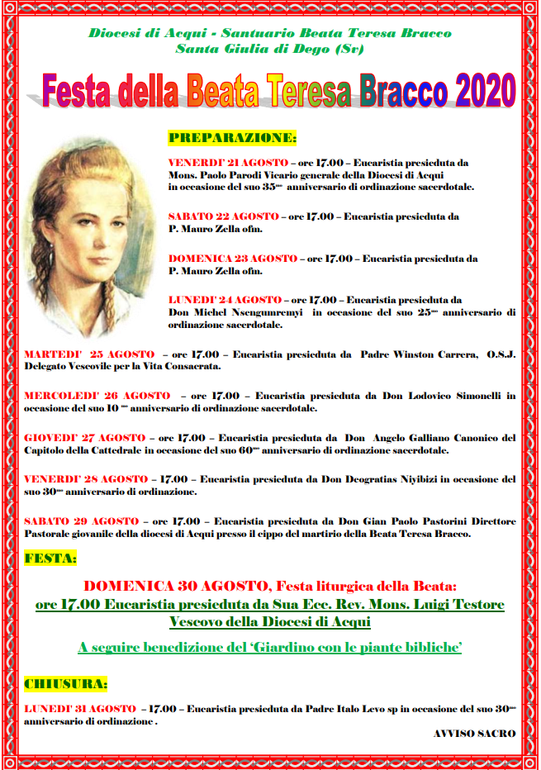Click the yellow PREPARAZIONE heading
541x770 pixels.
pyautogui.click(x=232, y=137)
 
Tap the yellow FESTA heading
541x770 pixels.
pyautogui.click(x=50, y=558)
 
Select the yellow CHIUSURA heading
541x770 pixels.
pyautogui.click(x=66, y=685)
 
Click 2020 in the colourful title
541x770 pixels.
pyautogui.click(x=474, y=89)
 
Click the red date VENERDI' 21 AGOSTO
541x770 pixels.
pyautogui.click(x=228, y=163)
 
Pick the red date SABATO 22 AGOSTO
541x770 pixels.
pyautogui.click(x=223, y=216)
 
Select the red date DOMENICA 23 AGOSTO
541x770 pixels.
pyautogui.click(x=232, y=259)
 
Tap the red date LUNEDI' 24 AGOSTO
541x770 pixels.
pyautogui.click(x=225, y=300)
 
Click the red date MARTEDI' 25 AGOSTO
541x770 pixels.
pyautogui.click(x=88, y=354)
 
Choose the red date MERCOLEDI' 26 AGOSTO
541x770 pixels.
pyautogui.click(x=97, y=397)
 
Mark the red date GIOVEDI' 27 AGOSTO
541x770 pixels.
pyautogui.click(x=84, y=438)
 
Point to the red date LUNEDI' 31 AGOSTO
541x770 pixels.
pyautogui.click(x=80, y=709)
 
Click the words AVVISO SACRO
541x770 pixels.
pyautogui.click(x=474, y=734)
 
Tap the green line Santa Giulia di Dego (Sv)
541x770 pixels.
pyautogui.click(x=269, y=49)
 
